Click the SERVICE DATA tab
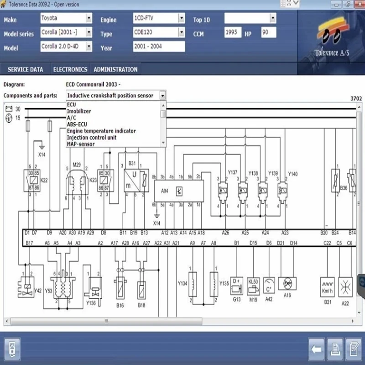tap(26, 69)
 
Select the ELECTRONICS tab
tap(70, 69)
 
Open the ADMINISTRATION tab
tap(115, 69)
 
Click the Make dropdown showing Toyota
tap(66, 18)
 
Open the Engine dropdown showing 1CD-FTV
tap(159, 18)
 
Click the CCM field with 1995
tap(233, 32)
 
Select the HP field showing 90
tap(268, 32)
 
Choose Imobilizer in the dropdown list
tap(79, 111)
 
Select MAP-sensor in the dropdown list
tap(81, 144)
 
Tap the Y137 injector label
tap(233, 173)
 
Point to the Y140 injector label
tap(293, 174)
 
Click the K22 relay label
tap(44, 180)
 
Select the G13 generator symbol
tap(237, 283)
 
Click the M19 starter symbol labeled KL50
tap(253, 283)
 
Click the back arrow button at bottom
tap(316, 349)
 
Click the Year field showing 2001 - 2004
tap(159, 47)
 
